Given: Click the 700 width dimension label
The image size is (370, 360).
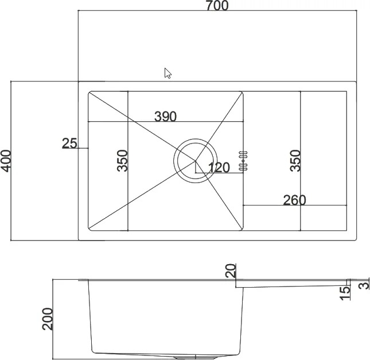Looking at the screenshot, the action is point(217,6).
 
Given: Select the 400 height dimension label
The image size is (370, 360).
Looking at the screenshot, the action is point(6,161).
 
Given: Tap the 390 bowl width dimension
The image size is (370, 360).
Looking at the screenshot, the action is point(165,116).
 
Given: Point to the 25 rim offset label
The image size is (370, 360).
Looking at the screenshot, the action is point(69,143).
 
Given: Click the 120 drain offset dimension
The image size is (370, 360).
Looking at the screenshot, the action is point(219,167).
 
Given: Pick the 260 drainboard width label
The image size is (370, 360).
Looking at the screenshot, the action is point(294,200).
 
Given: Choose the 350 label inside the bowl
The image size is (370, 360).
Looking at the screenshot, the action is point(122,161).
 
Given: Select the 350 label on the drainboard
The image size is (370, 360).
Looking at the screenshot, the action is point(295,161).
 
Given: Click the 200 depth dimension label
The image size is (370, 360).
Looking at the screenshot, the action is point(48,319).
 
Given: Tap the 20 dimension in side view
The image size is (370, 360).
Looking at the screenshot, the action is point(231,270).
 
